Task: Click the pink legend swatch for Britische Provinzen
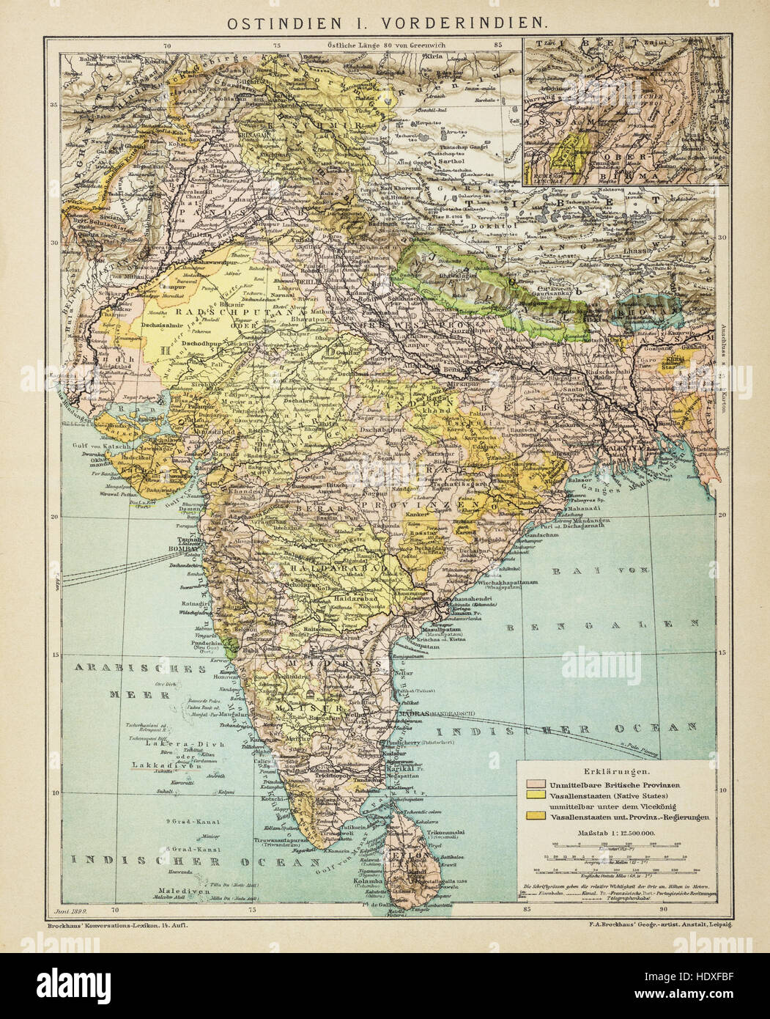coord(533,785)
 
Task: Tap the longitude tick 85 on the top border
coord(499,45)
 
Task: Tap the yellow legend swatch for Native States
coord(533,796)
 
